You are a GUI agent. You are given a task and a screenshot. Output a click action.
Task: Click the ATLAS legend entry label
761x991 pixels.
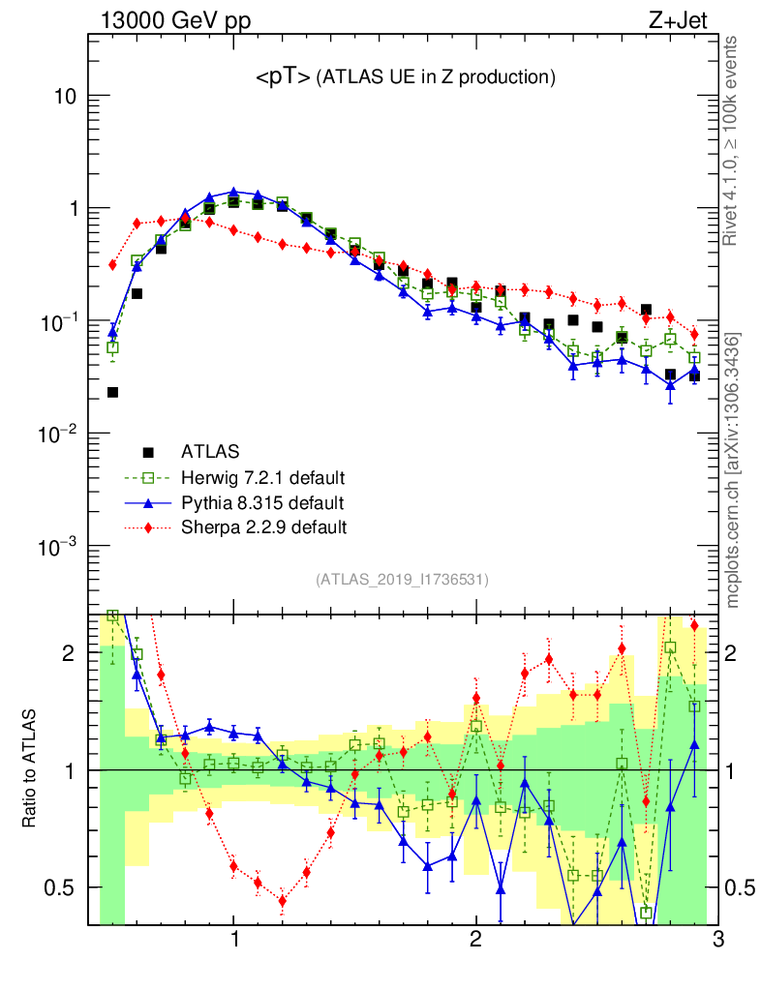coord(209,451)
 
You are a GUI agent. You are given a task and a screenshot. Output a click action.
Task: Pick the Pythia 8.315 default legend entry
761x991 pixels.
coord(262,502)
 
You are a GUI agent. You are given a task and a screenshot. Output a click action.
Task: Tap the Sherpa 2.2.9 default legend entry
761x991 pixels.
coord(263,527)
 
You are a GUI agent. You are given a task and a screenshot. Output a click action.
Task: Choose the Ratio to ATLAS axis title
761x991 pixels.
coord(30,768)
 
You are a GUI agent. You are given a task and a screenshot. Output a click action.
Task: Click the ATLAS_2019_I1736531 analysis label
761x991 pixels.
coord(402,580)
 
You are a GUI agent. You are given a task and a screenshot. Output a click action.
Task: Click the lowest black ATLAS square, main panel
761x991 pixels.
coord(112,392)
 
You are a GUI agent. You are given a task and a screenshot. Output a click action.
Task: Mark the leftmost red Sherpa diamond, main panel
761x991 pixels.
coord(112,264)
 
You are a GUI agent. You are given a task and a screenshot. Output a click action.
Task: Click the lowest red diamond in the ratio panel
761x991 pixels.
coord(282,901)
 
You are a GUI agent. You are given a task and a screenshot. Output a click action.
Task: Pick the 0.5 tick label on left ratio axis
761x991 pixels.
coord(65,887)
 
